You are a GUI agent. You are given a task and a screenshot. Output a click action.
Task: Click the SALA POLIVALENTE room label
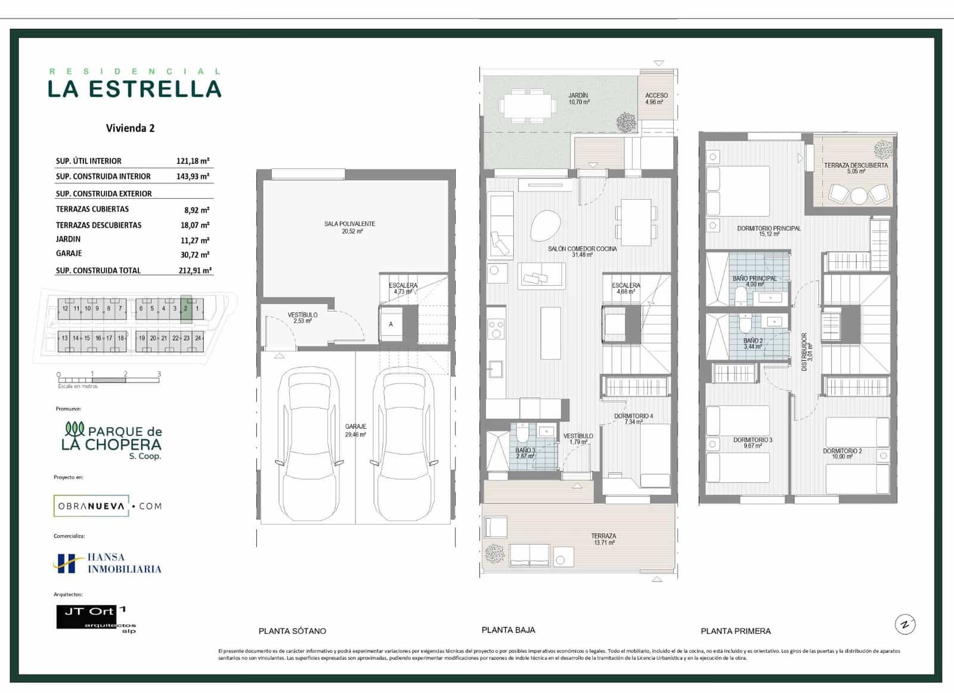pos(349,224)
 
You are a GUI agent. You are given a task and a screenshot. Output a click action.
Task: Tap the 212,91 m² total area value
pos(195,270)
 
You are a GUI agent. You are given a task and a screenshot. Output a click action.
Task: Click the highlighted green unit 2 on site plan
pos(186,309)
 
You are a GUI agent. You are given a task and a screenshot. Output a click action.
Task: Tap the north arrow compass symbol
pos(905,624)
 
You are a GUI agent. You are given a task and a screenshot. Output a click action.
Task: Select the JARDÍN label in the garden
pos(578,95)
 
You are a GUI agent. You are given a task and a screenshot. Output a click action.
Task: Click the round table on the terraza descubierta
pos(859,196)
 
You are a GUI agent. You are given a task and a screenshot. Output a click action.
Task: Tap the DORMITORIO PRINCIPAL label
pos(769,228)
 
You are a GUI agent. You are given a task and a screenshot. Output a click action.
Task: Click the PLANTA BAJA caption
pos(508,630)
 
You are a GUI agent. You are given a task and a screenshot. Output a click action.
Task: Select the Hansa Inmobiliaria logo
pos(107,563)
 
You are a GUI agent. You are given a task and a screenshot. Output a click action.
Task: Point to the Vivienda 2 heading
pos(130,128)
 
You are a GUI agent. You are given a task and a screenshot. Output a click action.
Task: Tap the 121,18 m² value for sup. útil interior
pos(193,161)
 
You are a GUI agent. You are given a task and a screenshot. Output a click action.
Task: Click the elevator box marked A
pos(391,324)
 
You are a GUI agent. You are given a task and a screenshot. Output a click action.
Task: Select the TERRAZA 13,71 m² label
pos(603,539)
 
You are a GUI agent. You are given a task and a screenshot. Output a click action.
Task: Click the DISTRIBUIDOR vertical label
pos(804,352)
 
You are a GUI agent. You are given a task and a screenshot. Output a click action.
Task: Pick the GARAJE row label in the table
pos(69,253)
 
